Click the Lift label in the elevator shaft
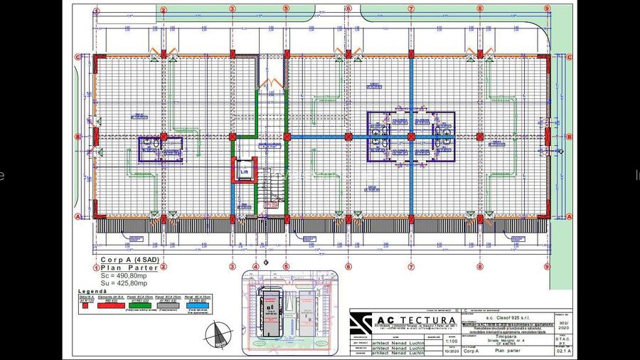click(244, 172)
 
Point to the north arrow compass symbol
click(219, 332)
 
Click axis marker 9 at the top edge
click(547, 9)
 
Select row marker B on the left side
click(78, 137)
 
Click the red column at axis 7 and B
click(411, 137)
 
